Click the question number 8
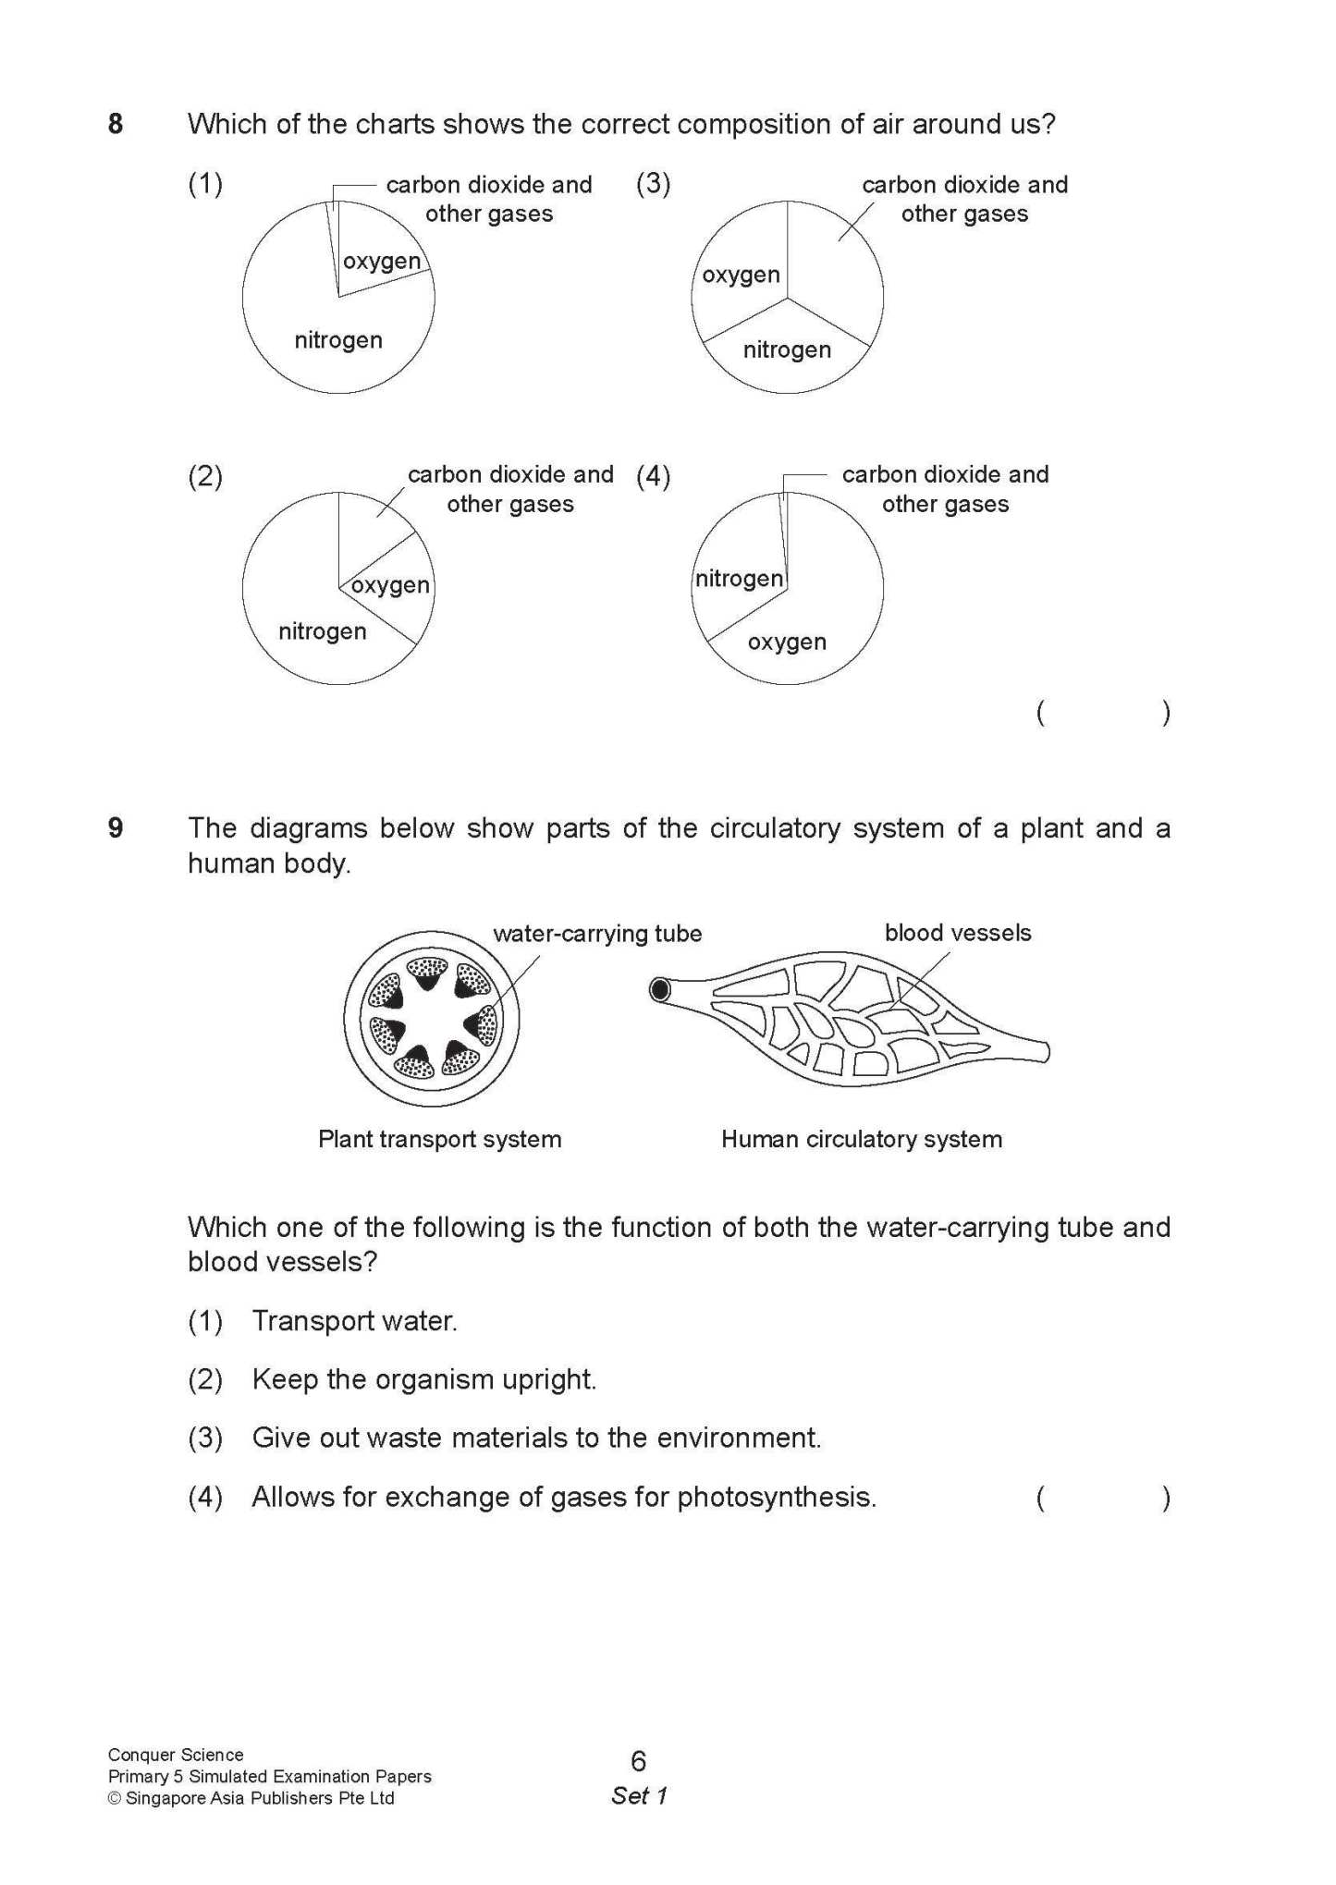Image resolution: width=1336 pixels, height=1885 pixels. (116, 124)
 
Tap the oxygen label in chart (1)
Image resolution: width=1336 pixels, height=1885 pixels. (381, 262)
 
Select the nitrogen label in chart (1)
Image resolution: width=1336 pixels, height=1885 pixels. (338, 340)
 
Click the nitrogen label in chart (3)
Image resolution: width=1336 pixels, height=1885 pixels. (787, 349)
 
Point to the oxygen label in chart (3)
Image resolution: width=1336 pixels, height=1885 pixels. (741, 275)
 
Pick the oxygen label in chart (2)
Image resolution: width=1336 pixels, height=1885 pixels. (390, 585)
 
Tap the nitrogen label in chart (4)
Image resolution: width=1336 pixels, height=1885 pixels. (739, 579)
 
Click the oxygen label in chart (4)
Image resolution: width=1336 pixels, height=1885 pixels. (787, 642)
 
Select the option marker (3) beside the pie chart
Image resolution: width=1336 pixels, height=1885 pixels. (653, 183)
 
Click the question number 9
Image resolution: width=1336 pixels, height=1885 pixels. (116, 827)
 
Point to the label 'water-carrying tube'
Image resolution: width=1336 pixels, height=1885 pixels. (597, 934)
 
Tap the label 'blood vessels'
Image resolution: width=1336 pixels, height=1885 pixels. (958, 933)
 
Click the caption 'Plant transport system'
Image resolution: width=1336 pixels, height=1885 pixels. (440, 1139)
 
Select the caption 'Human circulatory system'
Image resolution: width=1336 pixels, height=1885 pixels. (862, 1139)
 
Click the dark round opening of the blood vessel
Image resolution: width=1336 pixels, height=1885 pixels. (660, 990)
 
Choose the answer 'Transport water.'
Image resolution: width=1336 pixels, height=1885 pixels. (355, 1321)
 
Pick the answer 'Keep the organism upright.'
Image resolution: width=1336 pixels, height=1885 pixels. (424, 1379)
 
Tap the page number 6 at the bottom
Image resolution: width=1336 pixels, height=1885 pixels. (638, 1761)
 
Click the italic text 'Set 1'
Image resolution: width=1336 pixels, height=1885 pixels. (639, 1796)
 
